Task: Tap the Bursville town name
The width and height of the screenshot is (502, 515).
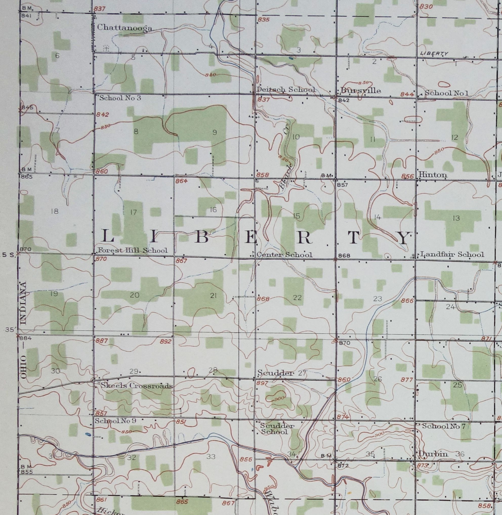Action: (360, 91)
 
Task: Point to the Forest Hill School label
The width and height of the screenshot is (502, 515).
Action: (132, 250)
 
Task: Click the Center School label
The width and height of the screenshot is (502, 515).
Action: (284, 255)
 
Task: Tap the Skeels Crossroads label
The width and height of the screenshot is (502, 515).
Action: (137, 386)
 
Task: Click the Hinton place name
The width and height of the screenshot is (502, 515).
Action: (432, 175)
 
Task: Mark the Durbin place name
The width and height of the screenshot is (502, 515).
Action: (433, 454)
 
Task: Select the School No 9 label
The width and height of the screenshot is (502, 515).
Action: (115, 421)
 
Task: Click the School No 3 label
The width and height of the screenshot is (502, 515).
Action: (120, 98)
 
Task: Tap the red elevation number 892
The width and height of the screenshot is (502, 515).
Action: (165, 342)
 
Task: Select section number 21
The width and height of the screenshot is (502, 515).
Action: (213, 296)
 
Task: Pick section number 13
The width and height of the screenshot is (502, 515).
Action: (456, 218)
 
